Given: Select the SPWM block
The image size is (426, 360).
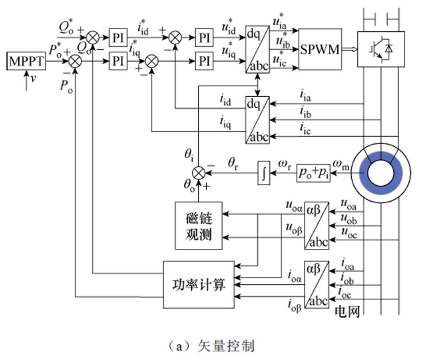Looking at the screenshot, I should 320,49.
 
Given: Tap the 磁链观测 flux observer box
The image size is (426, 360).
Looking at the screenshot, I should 199,225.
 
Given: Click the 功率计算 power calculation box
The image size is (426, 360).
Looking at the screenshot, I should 199,284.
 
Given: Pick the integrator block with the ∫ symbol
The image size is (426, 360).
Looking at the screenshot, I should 264,173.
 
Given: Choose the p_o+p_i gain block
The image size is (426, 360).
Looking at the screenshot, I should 313,173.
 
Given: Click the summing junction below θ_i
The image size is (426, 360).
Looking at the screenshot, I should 198,173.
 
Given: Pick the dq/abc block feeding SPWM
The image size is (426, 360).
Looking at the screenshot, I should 257,49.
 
